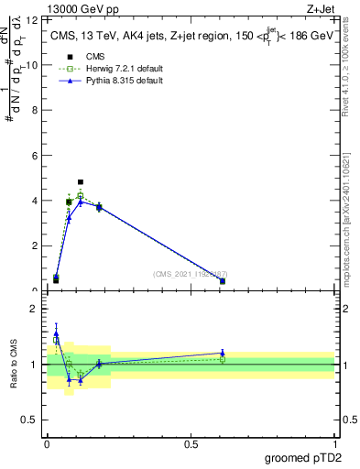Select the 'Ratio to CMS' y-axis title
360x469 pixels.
tap(14, 365)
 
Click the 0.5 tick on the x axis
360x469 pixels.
tap(191, 444)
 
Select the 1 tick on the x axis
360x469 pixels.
tap(334, 444)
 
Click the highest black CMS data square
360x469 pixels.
tap(81, 182)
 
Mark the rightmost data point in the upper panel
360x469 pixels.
tap(223, 281)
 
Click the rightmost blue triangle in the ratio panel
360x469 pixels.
tap(223, 353)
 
